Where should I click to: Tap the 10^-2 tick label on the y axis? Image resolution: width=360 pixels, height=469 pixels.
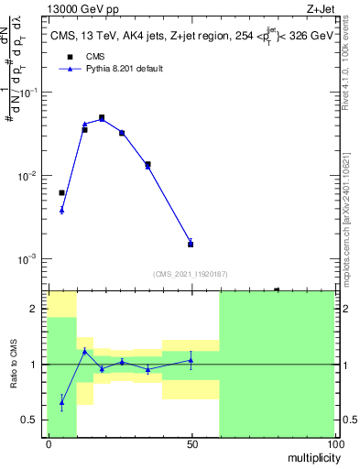[29, 176]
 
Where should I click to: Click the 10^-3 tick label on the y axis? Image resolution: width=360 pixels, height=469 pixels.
[29, 259]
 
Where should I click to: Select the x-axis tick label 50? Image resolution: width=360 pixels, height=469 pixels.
[191, 442]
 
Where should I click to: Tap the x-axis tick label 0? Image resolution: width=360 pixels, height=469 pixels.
[48, 442]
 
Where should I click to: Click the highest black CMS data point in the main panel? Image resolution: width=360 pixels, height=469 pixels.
[102, 118]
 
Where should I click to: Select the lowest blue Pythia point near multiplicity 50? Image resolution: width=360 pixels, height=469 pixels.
[191, 243]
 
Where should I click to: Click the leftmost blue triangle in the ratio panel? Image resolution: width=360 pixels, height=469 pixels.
[61, 402]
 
